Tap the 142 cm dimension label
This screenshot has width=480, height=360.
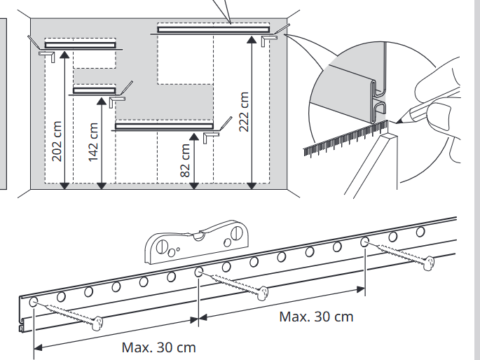pos(95,141)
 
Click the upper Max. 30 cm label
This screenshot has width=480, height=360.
pos(316,317)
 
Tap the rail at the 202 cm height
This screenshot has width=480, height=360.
pos(80,46)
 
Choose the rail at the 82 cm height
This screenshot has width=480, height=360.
pos(164,126)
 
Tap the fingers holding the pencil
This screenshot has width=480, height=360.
pos(438,95)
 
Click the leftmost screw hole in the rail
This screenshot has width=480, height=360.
pos(34,303)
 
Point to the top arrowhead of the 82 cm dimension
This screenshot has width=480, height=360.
pos(193,135)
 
